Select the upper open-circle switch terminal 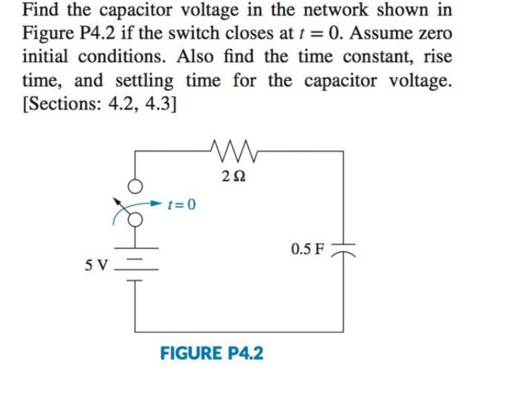tap(135, 187)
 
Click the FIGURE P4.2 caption tap(211, 353)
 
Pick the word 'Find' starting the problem tap(39, 11)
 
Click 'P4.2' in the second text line tap(97, 33)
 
